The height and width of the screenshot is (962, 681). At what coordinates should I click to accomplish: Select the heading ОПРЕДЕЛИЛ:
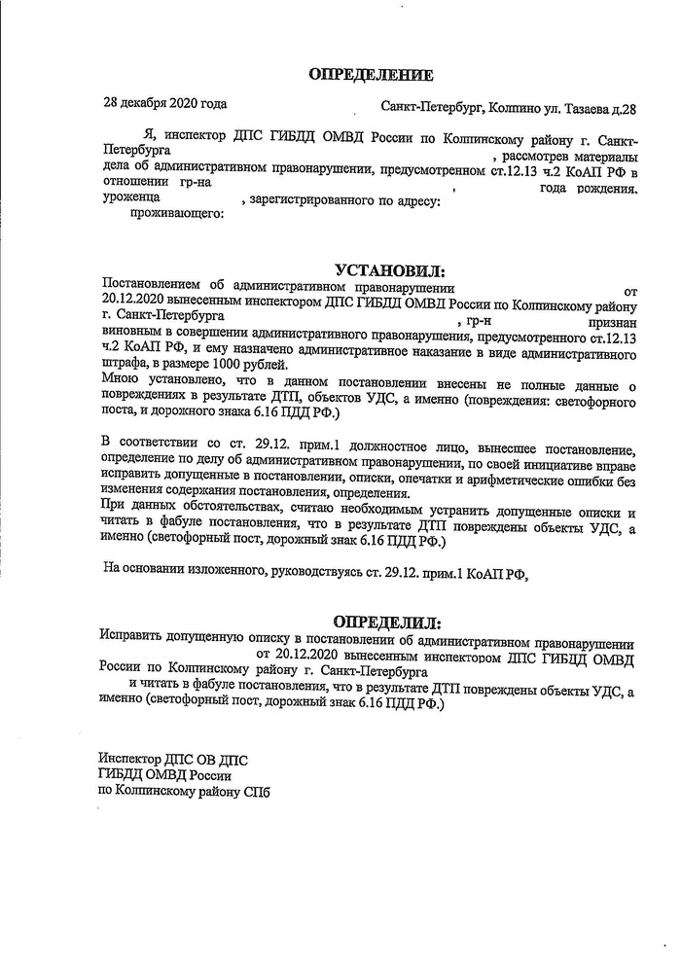tap(386, 622)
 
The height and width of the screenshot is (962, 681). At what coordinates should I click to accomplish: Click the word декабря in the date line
tap(145, 103)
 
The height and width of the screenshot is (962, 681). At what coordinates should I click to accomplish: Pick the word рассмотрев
tap(534, 157)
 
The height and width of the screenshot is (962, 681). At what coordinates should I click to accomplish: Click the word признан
tap(611, 319)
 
